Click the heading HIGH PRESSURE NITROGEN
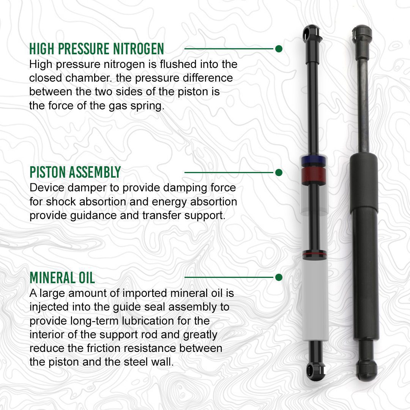[x=96, y=49]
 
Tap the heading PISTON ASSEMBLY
[x=75, y=172]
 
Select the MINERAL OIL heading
[x=62, y=278]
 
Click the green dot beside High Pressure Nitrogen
[x=279, y=49]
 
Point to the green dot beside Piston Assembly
[x=279, y=173]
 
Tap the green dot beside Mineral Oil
[x=279, y=277]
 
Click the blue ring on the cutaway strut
[x=314, y=160]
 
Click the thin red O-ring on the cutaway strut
[x=314, y=254]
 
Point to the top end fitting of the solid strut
[x=362, y=34]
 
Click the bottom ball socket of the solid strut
[x=367, y=370]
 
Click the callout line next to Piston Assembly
[x=229, y=173]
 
